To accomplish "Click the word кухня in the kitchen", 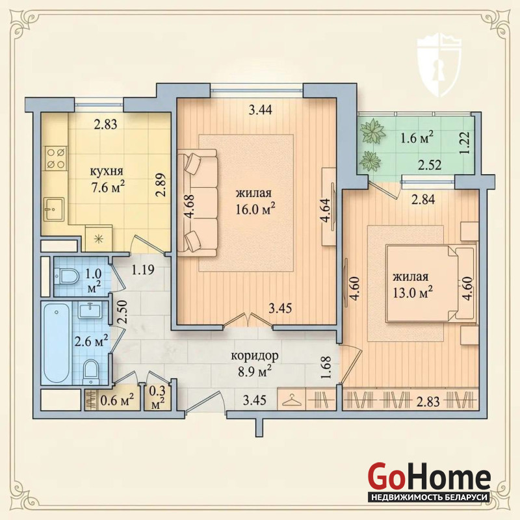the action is [x=107, y=172].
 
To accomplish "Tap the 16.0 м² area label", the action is [x=255, y=209].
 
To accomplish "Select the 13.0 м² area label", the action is [x=412, y=293].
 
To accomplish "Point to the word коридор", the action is [x=255, y=357].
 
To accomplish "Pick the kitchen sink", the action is [x=55, y=209].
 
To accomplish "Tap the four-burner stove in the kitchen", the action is [x=56, y=158].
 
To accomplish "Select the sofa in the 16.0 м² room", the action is [x=197, y=203].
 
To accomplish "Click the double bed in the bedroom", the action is [x=431, y=283].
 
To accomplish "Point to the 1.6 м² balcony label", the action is [x=417, y=137].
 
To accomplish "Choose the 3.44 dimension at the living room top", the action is [x=261, y=110].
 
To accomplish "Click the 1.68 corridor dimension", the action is [x=326, y=367].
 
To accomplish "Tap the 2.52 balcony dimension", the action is [x=430, y=165].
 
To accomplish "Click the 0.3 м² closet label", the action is [x=157, y=397].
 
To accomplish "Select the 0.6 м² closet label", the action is [x=117, y=401].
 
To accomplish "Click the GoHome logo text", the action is [x=429, y=478].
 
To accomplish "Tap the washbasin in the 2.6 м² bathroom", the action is [x=90, y=311].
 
